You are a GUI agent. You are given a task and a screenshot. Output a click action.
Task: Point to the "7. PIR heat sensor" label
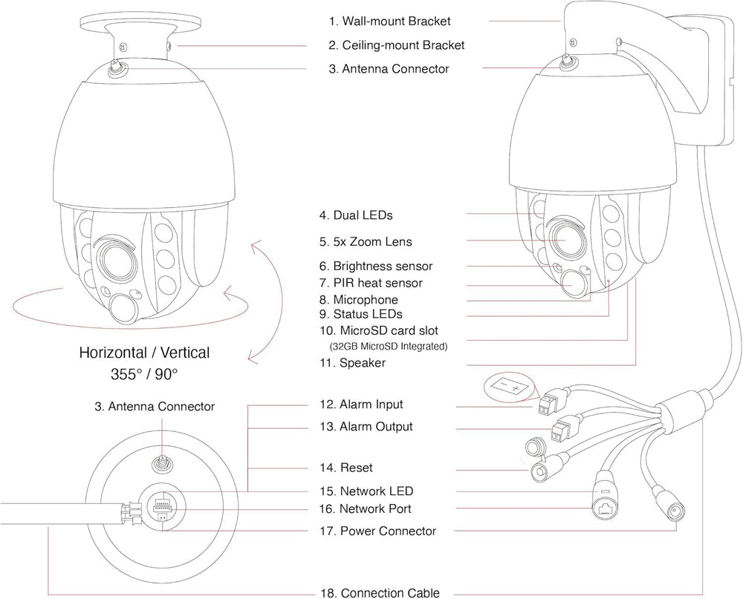click(370, 283)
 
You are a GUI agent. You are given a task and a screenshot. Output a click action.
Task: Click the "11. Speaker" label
click(351, 363)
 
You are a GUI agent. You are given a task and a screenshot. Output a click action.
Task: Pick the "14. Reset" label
click(345, 468)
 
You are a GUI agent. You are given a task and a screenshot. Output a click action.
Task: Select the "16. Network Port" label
click(364, 508)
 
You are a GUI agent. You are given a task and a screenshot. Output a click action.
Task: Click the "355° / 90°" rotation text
click(144, 374)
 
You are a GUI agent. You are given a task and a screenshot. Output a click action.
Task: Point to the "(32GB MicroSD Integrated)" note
click(388, 346)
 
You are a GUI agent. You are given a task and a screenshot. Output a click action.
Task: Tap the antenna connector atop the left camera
click(117, 68)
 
